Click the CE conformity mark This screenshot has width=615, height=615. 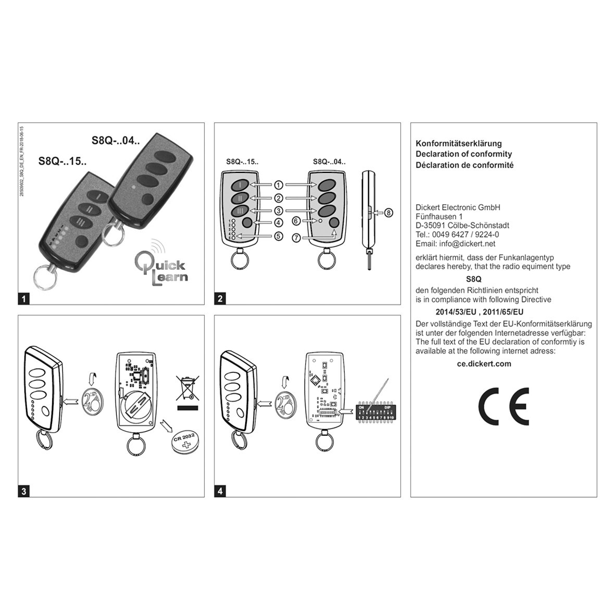click(x=504, y=406)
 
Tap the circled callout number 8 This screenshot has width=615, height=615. click(x=389, y=212)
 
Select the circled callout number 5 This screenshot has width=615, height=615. click(x=279, y=236)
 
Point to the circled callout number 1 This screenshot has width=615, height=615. click(x=279, y=185)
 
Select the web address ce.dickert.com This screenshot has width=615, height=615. click(x=484, y=364)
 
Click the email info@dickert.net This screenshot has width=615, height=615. click(x=456, y=244)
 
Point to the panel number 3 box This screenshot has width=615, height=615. click(x=24, y=491)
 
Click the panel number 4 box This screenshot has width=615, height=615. click(x=220, y=491)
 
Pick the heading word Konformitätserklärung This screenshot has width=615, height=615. click(x=458, y=143)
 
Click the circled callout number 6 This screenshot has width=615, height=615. click(x=297, y=221)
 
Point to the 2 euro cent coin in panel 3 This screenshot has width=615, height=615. click(x=92, y=404)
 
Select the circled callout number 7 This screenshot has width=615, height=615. click(x=297, y=238)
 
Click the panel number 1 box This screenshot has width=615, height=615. click(x=24, y=299)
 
